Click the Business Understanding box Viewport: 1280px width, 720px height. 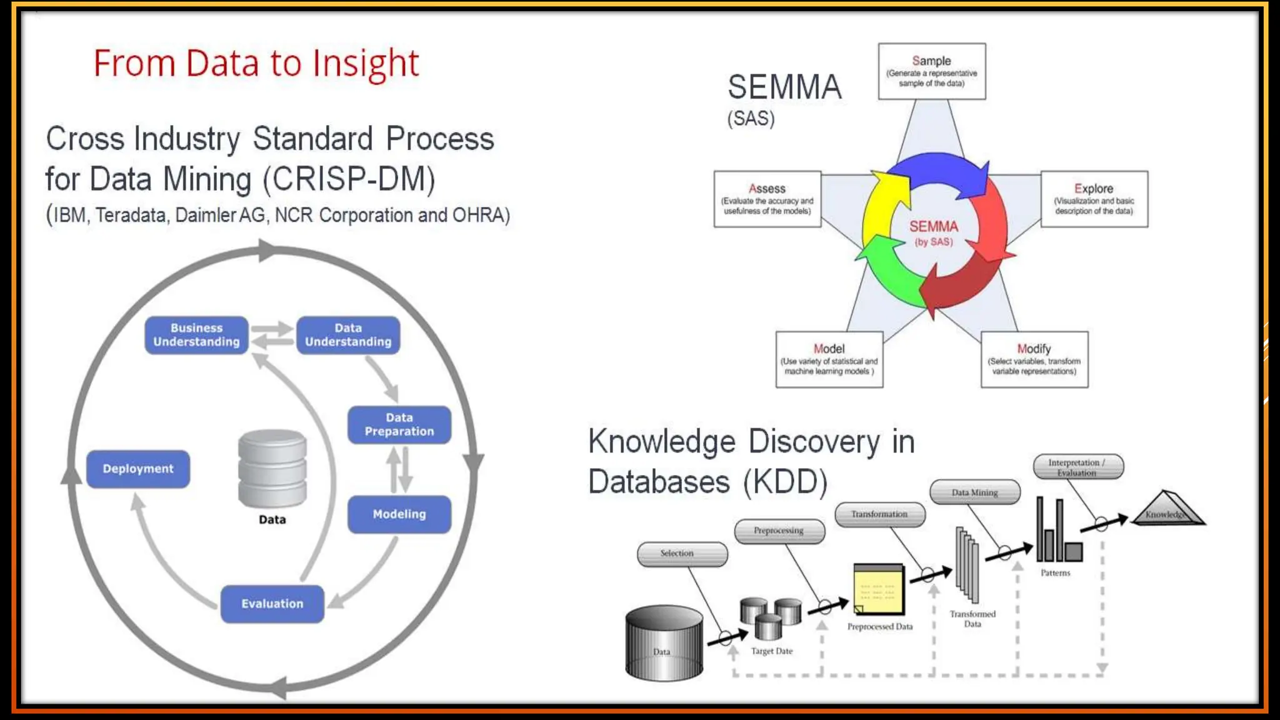(196, 335)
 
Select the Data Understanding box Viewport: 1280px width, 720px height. (348, 335)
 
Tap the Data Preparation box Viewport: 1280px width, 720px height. (399, 424)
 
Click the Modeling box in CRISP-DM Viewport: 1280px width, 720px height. (399, 514)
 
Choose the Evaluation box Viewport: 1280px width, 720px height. (272, 603)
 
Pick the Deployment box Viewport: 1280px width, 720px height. (137, 469)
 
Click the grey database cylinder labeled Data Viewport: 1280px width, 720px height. (272, 469)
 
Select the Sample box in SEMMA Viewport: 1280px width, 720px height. (931, 71)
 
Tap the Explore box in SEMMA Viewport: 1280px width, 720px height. (1094, 199)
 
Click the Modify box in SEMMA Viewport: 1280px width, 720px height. (1034, 359)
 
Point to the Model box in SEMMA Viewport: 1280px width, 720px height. (829, 359)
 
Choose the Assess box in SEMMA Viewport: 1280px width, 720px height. (767, 199)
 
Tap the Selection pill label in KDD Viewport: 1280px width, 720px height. (682, 554)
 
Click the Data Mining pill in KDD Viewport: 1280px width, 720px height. (974, 492)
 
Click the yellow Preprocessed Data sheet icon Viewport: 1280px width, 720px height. (879, 589)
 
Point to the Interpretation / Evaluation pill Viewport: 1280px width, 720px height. (1077, 467)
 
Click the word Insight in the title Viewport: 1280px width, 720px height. (366, 63)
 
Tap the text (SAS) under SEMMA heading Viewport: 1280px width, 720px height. (751, 118)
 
